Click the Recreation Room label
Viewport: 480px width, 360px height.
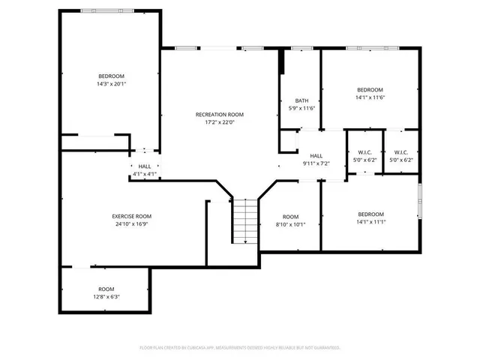coord(220,115)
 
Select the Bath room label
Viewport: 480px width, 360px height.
coord(301,100)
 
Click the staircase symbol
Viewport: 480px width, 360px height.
coord(243,221)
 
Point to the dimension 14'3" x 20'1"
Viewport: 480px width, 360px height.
coord(111,84)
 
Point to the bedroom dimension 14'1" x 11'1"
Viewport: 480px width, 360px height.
coord(370,221)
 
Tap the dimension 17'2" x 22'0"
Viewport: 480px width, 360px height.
coord(220,122)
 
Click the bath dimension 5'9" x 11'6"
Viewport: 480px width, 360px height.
coord(301,108)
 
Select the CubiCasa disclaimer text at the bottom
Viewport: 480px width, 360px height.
coord(240,347)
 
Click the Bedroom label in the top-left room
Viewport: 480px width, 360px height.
coord(111,76)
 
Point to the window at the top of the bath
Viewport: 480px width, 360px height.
coord(301,49)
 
